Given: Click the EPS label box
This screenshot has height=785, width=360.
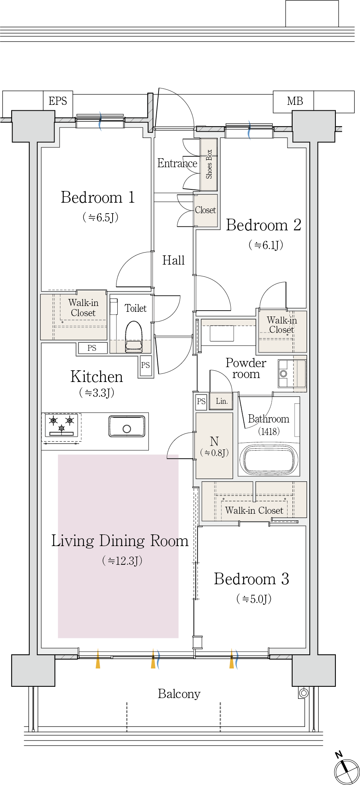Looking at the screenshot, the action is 58,101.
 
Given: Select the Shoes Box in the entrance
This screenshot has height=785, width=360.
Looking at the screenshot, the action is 209,164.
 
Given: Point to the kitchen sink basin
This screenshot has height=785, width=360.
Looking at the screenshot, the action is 127,426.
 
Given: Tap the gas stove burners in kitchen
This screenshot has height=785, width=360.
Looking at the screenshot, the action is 62,425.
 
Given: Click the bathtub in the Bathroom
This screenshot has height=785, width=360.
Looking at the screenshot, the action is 268,459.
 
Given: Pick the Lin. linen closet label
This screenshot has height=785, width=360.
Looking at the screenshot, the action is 222,401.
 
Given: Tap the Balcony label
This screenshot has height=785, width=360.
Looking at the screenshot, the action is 179,694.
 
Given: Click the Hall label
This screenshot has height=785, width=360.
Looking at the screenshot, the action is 173,260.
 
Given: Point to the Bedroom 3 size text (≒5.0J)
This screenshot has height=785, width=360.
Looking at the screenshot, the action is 254,599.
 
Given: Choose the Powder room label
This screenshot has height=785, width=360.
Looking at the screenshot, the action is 246,368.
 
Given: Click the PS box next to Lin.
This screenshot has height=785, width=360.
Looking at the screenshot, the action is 201,401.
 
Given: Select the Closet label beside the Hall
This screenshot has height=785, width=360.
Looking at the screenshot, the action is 205,210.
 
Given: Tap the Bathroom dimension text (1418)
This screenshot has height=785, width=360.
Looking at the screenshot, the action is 269,431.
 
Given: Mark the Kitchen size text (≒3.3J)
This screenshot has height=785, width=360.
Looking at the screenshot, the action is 97,392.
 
